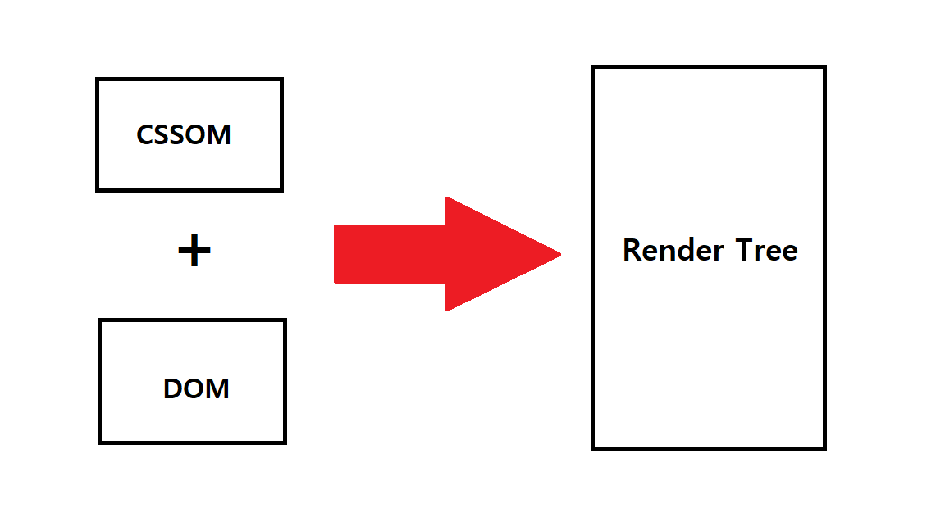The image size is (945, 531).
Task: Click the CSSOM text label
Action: tap(184, 134)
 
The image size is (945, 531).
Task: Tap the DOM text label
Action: tap(196, 388)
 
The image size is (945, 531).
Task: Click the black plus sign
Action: tap(194, 252)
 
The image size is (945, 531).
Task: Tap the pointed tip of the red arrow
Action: tap(559, 254)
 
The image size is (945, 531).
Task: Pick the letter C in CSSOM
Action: tap(145, 134)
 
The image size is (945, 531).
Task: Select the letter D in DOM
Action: tap(172, 388)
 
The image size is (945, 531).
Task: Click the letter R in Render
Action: tap(632, 250)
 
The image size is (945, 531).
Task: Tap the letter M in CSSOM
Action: tap(219, 134)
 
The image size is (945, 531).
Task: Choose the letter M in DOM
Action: tap(217, 388)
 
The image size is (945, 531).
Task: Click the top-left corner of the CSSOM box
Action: tap(98, 79)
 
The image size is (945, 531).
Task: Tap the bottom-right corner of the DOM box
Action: tap(285, 442)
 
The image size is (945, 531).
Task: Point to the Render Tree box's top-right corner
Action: tap(824, 67)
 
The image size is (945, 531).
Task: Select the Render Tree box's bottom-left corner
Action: tap(593, 447)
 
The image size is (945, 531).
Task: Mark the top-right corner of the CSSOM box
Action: tap(281, 79)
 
